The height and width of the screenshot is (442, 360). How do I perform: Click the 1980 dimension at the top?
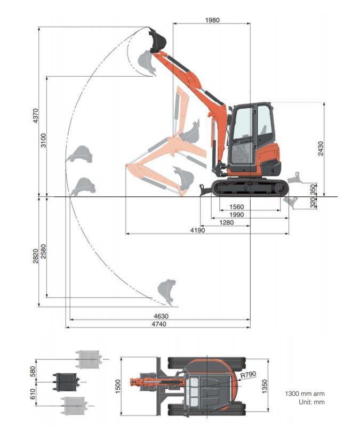pos(212,20)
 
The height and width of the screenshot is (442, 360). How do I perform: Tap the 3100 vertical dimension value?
pos(44,139)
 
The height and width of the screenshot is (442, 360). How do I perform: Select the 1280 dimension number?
pos(226,222)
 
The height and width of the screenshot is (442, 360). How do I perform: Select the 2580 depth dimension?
pos(44,251)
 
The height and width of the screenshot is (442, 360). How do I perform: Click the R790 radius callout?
pos(248,375)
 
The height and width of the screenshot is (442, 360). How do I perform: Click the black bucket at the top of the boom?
pos(158,41)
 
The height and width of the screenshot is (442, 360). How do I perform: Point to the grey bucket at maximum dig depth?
pos(166,291)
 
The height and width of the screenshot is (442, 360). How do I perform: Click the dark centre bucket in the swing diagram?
pos(66,381)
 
